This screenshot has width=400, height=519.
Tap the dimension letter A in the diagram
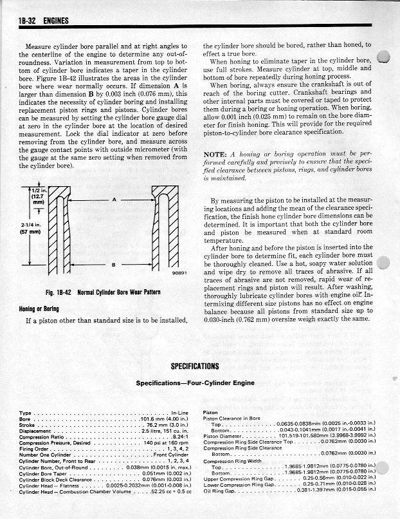tap(113, 200)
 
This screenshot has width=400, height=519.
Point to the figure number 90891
tap(179, 272)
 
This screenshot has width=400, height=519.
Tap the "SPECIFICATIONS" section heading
tap(195, 366)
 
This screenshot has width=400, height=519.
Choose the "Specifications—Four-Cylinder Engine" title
tap(199, 382)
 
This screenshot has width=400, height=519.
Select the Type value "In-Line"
tap(179, 413)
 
